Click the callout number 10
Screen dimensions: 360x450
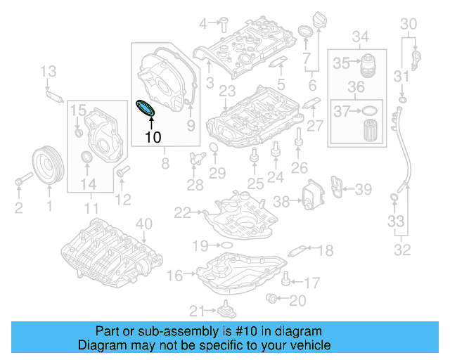153,137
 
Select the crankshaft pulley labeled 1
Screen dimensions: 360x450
49,165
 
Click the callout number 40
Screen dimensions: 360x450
143,224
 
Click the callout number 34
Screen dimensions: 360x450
360,36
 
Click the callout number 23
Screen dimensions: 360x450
226,91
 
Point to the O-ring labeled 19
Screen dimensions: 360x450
226,245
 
